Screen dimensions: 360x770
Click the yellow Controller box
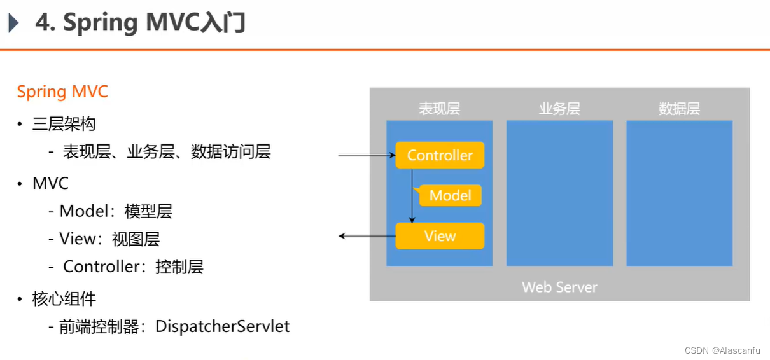[x=440, y=155]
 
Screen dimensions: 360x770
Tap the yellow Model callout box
[x=450, y=195]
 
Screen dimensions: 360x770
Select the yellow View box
[x=440, y=236]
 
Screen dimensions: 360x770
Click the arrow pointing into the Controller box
[x=367, y=155]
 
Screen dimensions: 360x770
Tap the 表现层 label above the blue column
[x=439, y=109]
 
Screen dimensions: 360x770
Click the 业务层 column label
[x=559, y=109]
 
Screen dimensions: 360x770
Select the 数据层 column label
[x=679, y=109]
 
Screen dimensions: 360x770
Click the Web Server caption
[x=559, y=287]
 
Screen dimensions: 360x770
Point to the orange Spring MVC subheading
[x=62, y=92]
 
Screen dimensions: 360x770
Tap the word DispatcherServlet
[x=222, y=327]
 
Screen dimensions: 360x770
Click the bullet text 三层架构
[x=64, y=124]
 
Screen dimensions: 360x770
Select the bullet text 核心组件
[x=64, y=298]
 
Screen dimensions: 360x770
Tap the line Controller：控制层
[x=133, y=267]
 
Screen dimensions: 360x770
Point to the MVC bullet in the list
[x=50, y=184]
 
